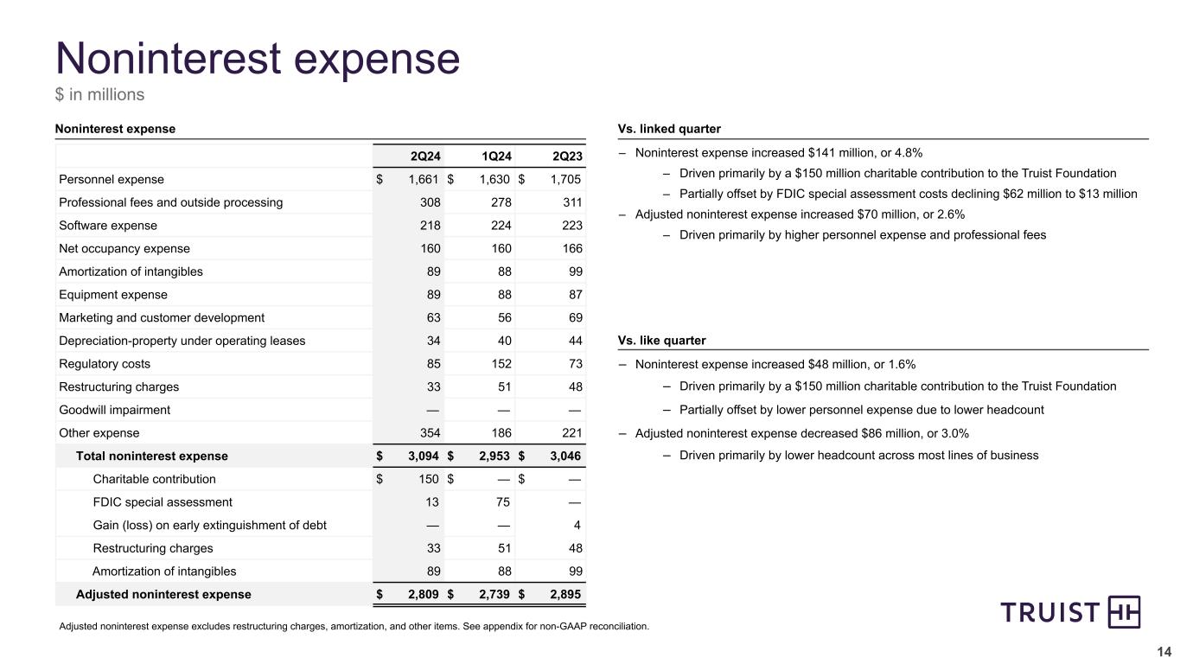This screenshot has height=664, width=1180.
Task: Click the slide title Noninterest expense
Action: (x=257, y=58)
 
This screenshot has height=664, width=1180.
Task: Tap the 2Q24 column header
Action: (x=426, y=156)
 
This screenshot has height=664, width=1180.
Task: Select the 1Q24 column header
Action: (x=497, y=156)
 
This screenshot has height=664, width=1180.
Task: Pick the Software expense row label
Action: (x=108, y=226)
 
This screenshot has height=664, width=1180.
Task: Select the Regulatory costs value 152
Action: (x=501, y=364)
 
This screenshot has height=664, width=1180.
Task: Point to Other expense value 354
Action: (x=430, y=433)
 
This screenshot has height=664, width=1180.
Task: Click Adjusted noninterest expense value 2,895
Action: (x=564, y=595)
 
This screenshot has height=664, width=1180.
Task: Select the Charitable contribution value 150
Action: (x=430, y=479)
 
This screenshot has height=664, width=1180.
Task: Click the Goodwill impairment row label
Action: (x=114, y=410)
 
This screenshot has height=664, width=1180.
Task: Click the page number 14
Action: (x=1164, y=652)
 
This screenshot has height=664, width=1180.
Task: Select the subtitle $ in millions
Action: (x=100, y=94)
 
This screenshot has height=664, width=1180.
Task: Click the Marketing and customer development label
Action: (x=162, y=317)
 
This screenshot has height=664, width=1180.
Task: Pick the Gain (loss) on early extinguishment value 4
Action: (x=577, y=526)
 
